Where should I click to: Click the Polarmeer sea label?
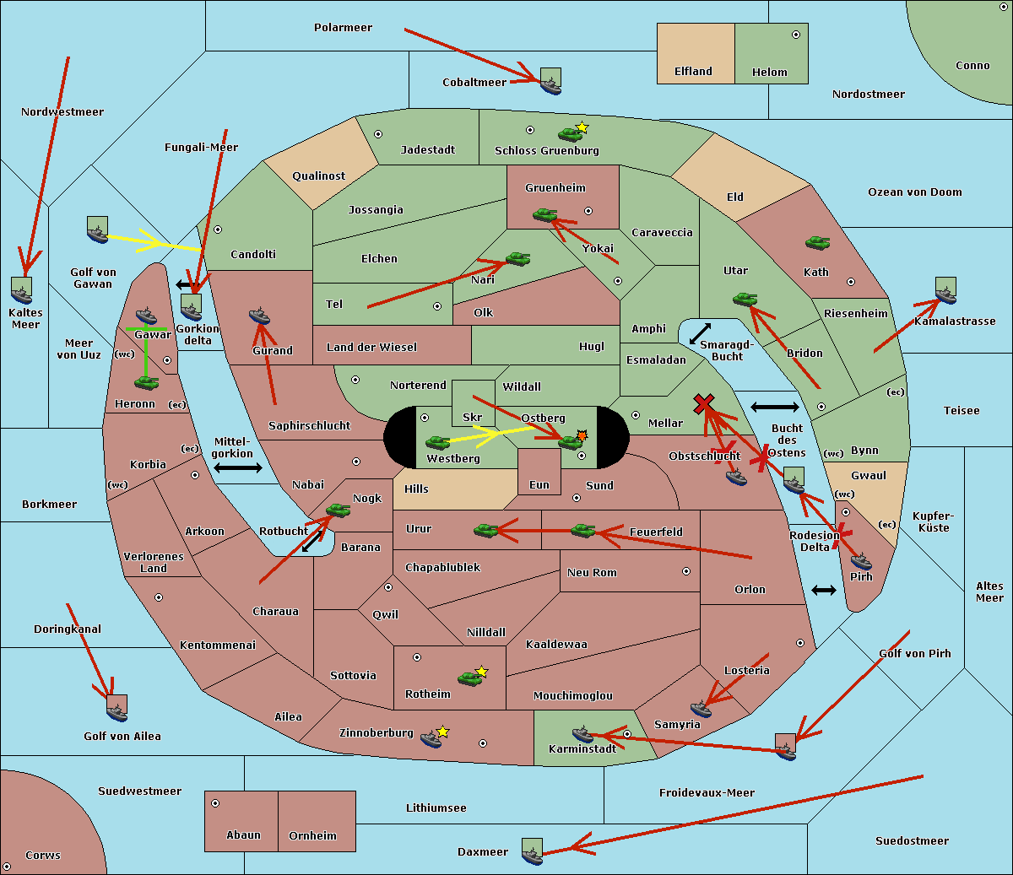pos(343,28)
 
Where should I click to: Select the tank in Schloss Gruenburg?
pos(570,134)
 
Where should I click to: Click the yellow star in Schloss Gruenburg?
pos(582,127)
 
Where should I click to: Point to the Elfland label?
pos(693,72)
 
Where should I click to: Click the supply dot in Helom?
pos(795,35)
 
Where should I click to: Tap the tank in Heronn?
pos(147,382)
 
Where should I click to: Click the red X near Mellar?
pos(703,404)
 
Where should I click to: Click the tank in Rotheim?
pos(470,678)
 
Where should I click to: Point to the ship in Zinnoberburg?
pos(431,739)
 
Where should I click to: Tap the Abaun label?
pos(243,835)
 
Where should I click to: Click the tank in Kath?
pos(817,243)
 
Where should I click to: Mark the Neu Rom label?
pos(592,573)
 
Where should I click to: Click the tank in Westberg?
pos(437,442)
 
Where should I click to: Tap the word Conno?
pos(972,66)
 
